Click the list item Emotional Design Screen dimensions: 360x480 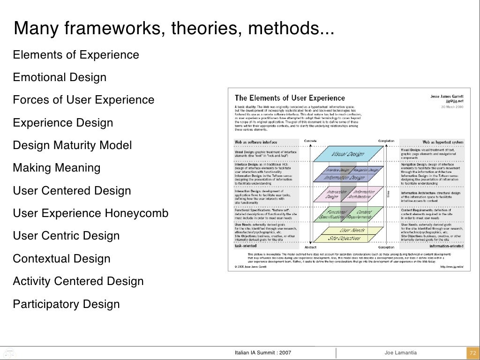click(60, 77)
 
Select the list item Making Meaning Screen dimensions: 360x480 click(56, 168)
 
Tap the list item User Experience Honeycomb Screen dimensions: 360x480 click(90, 214)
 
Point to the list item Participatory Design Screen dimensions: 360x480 click(66, 304)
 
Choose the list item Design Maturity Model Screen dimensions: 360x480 click(72, 145)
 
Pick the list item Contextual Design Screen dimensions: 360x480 click(61, 259)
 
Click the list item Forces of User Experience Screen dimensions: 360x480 click(83, 100)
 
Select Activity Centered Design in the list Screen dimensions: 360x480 click(78, 281)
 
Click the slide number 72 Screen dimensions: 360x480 click(472, 352)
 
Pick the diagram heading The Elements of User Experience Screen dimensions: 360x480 click(289, 98)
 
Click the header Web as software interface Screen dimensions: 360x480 click(256, 142)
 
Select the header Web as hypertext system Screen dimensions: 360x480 click(443, 142)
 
